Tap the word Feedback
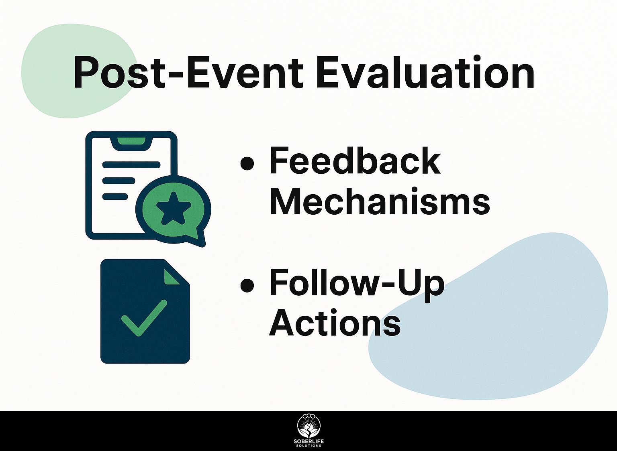click(x=355, y=161)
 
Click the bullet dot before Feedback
click(x=247, y=164)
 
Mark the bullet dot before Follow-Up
click(x=247, y=286)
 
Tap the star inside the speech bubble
click(x=174, y=209)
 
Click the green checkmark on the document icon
click(x=144, y=318)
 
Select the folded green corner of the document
click(x=171, y=276)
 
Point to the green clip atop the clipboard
click(x=131, y=141)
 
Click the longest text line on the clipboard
click(x=131, y=165)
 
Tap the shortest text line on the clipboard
click(x=115, y=197)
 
